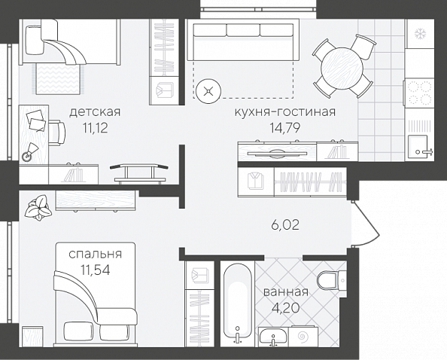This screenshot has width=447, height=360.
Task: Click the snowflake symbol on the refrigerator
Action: pos(419,34)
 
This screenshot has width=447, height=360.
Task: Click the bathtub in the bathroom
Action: pos(238,304)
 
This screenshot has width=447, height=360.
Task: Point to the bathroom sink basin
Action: pos(274,337)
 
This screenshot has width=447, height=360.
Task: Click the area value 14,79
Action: pos(285,128)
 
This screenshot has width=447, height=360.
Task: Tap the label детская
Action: pos(95,111)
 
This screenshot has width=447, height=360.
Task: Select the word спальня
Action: pos(96,254)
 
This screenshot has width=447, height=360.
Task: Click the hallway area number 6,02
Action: pos(285,225)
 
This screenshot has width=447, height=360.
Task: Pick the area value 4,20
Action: pos(285,308)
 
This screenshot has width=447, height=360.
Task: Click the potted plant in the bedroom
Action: pos(38,207)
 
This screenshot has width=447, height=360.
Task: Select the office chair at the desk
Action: pos(57,133)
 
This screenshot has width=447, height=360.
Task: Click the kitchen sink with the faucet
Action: pos(418,147)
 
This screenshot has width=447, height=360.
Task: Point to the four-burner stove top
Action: pos(419,93)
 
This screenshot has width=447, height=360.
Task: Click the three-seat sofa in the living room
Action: pos(243,40)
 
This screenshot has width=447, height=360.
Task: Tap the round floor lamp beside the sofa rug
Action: pos(208,91)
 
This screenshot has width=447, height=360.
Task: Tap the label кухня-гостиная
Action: pos(285,111)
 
